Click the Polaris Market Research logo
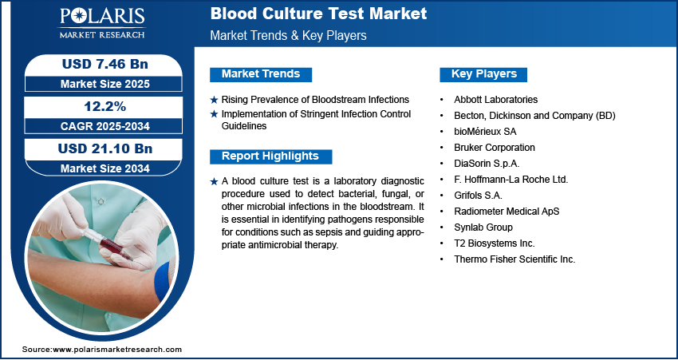coord(102,23)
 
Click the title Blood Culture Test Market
coord(319,14)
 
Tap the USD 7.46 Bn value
coord(105,64)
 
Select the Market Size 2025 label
coord(105,84)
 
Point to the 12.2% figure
coord(104,106)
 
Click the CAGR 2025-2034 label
coord(105,126)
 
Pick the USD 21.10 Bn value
coord(105,148)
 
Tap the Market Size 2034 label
coord(105,168)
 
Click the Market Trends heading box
coord(261,74)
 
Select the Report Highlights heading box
coord(270,156)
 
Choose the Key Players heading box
coord(483,74)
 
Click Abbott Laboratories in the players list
coord(496,100)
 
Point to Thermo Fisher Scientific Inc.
coord(514,259)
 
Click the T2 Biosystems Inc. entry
coord(495,243)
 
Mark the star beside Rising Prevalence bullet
coord(214,100)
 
